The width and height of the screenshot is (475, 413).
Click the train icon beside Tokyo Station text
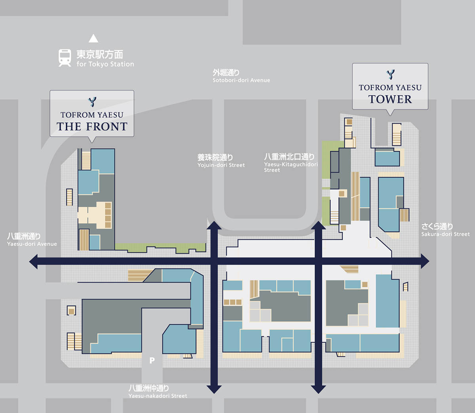point(65,58)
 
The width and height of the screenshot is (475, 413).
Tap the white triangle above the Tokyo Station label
point(93,38)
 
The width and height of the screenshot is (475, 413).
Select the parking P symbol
point(152,360)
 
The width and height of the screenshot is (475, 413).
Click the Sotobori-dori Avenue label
point(241,80)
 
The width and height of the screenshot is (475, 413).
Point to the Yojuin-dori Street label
point(221,165)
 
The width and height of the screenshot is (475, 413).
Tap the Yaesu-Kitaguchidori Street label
point(291,167)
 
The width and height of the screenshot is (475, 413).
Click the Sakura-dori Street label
point(446,234)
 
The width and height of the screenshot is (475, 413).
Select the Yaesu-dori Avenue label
point(32,244)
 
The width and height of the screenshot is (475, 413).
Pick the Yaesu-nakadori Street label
point(158,396)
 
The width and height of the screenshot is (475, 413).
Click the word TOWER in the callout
point(390,99)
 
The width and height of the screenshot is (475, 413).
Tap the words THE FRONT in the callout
point(92,127)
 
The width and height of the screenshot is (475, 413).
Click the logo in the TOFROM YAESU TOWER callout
point(390,74)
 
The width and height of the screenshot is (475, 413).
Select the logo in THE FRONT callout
point(92,102)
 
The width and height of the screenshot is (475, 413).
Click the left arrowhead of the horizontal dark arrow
point(33,261)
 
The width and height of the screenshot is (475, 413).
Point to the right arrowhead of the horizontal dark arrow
point(425,261)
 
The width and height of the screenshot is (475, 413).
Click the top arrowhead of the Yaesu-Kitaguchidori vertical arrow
point(318,225)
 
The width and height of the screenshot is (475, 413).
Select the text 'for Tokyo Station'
point(105,64)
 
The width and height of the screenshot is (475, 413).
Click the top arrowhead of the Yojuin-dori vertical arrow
point(214,225)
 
